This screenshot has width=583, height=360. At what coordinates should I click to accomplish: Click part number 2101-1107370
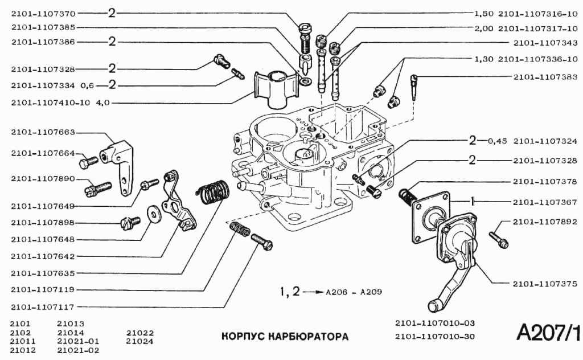(43, 12)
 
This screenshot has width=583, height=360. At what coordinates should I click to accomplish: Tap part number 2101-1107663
(43, 132)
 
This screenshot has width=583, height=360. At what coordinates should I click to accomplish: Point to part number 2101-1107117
(43, 306)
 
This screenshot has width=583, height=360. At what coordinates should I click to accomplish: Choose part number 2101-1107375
(545, 283)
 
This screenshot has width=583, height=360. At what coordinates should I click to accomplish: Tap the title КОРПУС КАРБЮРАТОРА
(285, 336)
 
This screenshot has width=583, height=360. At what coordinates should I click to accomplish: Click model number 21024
(140, 341)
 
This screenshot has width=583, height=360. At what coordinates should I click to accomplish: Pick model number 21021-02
(79, 350)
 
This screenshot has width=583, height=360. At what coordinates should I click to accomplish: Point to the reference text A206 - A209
(354, 293)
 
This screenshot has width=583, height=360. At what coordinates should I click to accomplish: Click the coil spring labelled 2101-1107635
(215, 191)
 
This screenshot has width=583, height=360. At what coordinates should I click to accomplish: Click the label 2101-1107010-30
(435, 336)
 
